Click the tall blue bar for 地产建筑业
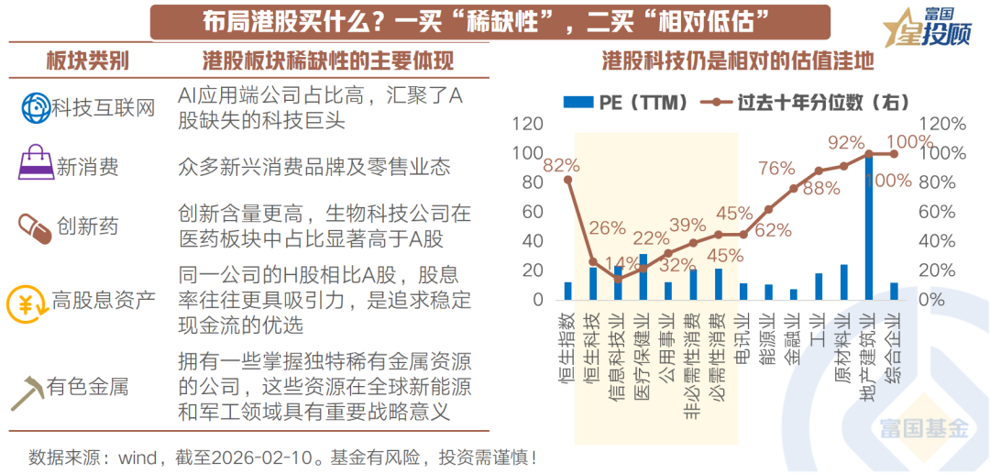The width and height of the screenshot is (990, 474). click(x=869, y=226)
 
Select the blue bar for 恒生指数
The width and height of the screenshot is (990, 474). click(x=567, y=291)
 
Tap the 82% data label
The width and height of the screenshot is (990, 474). click(x=561, y=165)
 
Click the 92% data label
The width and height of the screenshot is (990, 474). click(x=845, y=142)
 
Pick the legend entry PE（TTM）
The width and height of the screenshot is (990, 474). click(x=626, y=102)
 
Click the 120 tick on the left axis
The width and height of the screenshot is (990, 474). click(x=529, y=124)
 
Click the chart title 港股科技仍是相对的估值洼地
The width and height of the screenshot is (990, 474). click(x=738, y=61)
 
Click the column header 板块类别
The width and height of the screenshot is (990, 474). click(x=87, y=61)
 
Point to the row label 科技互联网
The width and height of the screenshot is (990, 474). click(x=104, y=108)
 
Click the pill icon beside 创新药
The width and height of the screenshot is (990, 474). click(x=35, y=225)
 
